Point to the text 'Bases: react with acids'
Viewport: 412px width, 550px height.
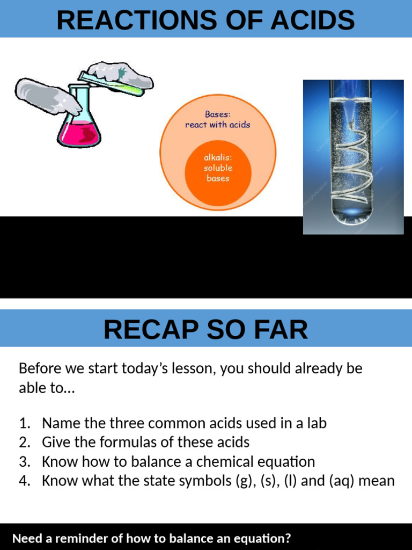[x=218, y=119]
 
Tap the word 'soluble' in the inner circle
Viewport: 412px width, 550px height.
[x=218, y=168]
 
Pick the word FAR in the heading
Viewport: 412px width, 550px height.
[x=284, y=330]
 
